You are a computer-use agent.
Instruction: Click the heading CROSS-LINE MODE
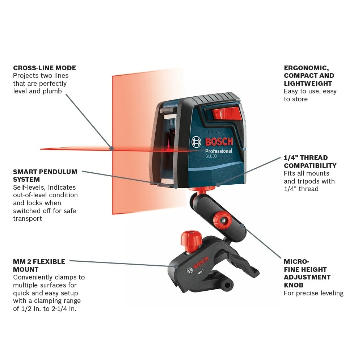click(x=45, y=68)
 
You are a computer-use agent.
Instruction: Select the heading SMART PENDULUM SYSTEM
click(x=45, y=176)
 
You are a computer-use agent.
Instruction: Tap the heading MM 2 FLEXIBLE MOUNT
click(x=39, y=265)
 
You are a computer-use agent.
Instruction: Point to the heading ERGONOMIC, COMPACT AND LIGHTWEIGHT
click(x=309, y=76)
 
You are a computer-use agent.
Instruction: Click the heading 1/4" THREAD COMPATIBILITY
click(x=310, y=162)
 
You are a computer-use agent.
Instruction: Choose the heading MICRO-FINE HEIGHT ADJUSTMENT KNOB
click(x=307, y=273)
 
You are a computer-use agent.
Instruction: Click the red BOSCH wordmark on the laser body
click(x=219, y=142)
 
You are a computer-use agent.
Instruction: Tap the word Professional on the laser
click(x=219, y=151)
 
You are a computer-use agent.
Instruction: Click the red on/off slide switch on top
click(x=226, y=112)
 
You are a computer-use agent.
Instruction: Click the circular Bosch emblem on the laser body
click(x=196, y=142)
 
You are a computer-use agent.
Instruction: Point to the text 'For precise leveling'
click(x=313, y=293)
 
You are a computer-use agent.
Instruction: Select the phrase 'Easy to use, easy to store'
click(x=310, y=95)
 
